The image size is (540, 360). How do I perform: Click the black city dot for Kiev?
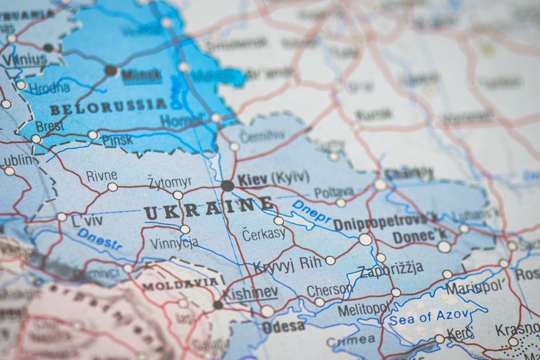(227, 186)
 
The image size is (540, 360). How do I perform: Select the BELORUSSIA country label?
(109, 107)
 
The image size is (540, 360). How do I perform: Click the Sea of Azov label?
(429, 317)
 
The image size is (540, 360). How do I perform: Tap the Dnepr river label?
(310, 212)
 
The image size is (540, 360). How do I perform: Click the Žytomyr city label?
(170, 181)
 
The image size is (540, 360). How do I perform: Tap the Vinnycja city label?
(174, 243)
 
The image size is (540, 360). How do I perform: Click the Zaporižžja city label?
(390, 271)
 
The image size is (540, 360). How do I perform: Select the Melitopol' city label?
(364, 309)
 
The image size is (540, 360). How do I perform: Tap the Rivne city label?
(101, 175)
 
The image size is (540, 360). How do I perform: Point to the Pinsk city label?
(116, 140)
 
